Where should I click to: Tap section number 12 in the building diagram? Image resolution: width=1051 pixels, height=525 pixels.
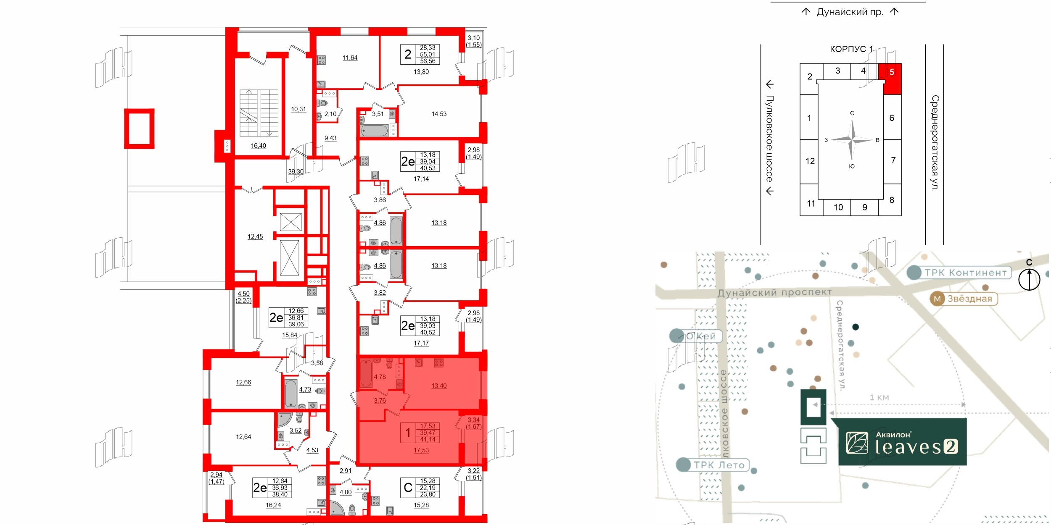[x=810, y=161]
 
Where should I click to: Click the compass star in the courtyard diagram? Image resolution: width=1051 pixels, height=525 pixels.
[x=852, y=139]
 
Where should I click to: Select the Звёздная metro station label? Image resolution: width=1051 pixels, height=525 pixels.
[x=964, y=299]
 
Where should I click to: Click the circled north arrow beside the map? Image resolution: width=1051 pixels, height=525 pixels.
[x=1029, y=279]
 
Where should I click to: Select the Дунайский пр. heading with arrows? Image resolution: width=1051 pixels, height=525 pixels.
[x=850, y=12]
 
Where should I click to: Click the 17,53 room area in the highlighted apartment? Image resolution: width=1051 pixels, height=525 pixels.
[x=421, y=450]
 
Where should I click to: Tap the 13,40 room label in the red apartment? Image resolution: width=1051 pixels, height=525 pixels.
[x=439, y=386]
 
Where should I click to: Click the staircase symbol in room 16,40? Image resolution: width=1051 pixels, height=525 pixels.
[x=259, y=113]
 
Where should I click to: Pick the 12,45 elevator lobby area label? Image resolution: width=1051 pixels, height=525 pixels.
[x=255, y=236]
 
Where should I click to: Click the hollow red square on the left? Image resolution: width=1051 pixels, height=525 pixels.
[x=139, y=129]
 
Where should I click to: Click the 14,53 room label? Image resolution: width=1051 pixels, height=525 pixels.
[x=439, y=114]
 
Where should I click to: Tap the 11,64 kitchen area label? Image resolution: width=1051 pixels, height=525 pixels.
[x=350, y=58]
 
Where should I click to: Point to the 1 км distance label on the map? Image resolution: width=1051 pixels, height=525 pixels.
[x=879, y=397]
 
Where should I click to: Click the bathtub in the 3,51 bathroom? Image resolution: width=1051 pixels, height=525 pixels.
[x=374, y=131]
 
